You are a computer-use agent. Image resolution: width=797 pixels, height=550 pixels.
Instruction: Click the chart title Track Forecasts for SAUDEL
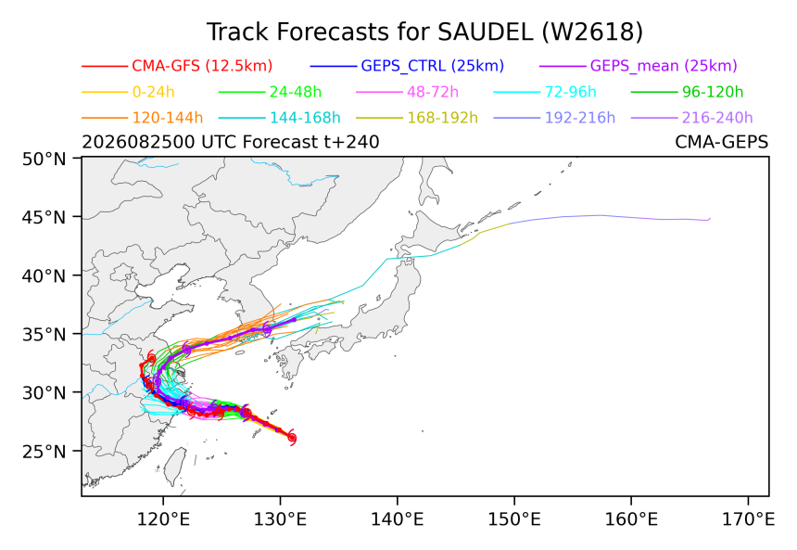click(370, 32)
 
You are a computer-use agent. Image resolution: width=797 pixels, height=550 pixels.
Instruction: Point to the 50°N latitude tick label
click(44, 160)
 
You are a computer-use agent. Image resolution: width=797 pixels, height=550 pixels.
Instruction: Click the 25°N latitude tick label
click(44, 452)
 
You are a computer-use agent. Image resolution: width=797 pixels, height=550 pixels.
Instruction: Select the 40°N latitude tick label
click(44, 276)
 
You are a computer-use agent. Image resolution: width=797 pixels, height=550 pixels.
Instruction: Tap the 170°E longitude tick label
click(748, 519)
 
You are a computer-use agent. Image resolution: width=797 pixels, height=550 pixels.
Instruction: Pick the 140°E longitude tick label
click(397, 519)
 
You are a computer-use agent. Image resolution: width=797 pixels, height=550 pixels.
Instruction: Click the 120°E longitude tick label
click(163, 519)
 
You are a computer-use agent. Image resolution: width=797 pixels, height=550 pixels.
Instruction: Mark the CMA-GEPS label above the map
click(721, 142)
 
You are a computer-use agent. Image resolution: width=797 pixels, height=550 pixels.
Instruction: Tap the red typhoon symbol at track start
click(292, 438)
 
